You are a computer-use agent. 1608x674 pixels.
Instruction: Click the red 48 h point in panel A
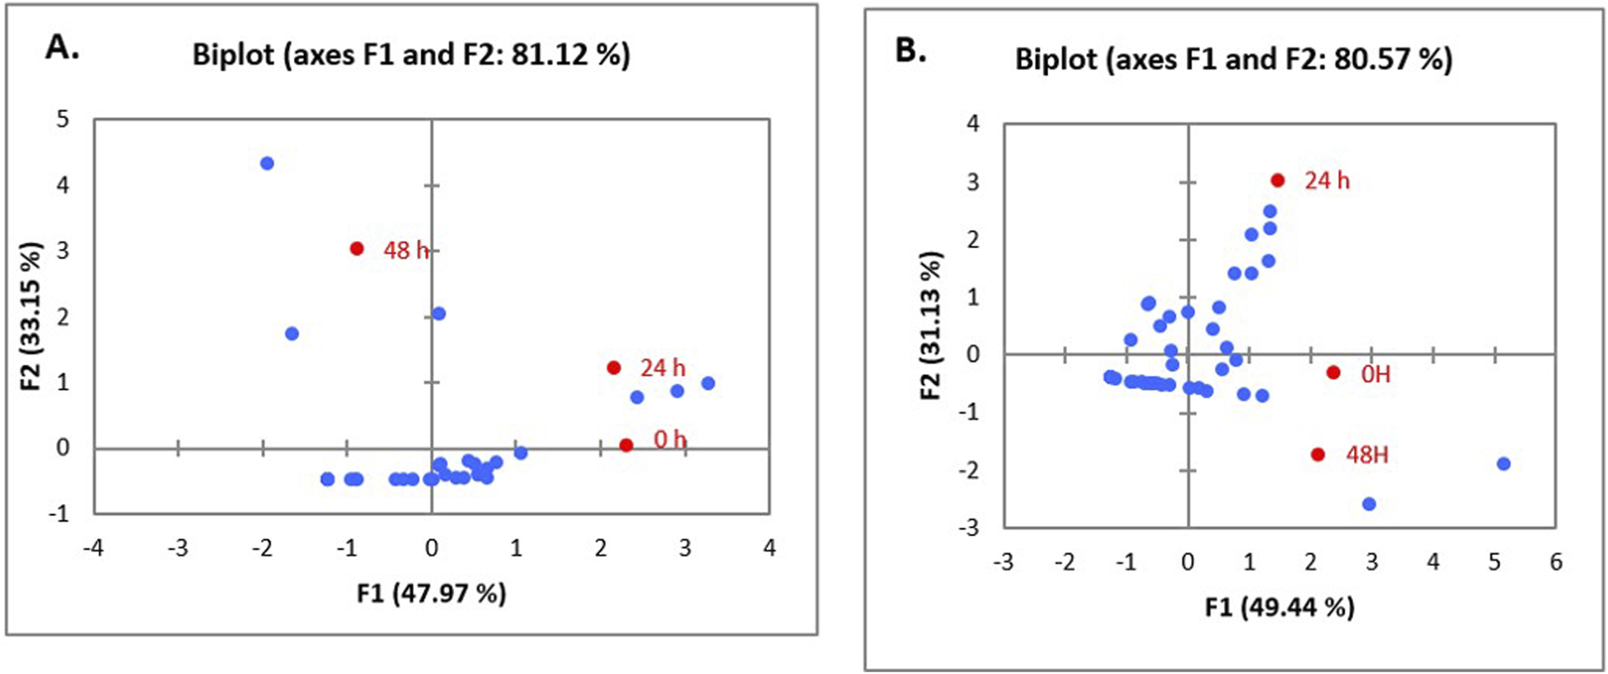357,248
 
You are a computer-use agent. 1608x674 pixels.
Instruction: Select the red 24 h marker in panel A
613,368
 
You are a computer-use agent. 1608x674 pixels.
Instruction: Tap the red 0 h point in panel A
626,445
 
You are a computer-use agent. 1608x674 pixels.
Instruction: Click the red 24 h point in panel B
1278,181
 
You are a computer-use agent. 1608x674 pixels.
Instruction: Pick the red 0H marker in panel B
1333,372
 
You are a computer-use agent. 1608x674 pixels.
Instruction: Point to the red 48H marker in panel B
1318,454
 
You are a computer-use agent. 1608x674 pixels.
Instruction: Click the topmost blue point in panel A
267,164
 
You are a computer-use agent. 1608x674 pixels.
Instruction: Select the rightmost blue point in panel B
1504,464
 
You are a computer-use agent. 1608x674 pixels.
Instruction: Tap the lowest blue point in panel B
1369,504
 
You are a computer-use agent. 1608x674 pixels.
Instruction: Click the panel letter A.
62,47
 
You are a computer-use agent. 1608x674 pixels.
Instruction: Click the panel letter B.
910,51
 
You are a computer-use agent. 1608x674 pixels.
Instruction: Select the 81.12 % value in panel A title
570,55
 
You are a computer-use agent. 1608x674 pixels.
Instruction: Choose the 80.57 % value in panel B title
1393,60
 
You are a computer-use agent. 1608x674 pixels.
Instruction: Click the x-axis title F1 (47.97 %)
431,594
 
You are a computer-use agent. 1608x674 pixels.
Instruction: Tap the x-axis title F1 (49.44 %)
1280,607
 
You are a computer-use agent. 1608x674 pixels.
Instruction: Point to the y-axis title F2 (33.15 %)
31,316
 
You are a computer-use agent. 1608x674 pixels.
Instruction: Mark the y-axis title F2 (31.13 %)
930,325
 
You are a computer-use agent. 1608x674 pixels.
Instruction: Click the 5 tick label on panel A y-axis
62,119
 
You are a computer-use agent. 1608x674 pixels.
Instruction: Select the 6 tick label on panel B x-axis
1555,562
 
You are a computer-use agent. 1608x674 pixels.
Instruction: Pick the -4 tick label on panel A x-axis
93,549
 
